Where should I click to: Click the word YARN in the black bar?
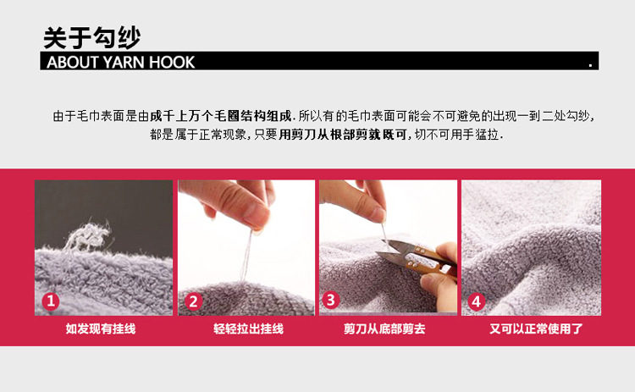click(120, 62)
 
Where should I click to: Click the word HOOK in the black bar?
click(172, 62)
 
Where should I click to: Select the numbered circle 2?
click(193, 301)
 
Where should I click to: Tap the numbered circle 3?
click(331, 300)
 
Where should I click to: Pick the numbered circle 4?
click(476, 301)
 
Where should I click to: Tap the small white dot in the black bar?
click(590, 63)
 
